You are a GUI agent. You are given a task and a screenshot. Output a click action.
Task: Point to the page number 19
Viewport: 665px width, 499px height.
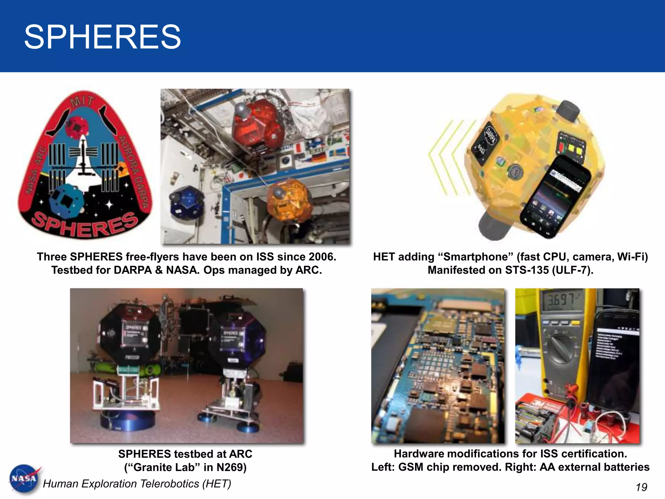pyautogui.click(x=641, y=487)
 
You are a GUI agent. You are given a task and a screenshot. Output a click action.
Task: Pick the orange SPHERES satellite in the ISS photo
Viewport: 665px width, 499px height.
pyautogui.click(x=287, y=200)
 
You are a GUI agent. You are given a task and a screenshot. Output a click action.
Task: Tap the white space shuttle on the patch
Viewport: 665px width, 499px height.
pyautogui.click(x=83, y=162)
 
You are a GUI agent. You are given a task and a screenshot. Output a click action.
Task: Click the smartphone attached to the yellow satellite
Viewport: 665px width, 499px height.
pyautogui.click(x=555, y=197)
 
